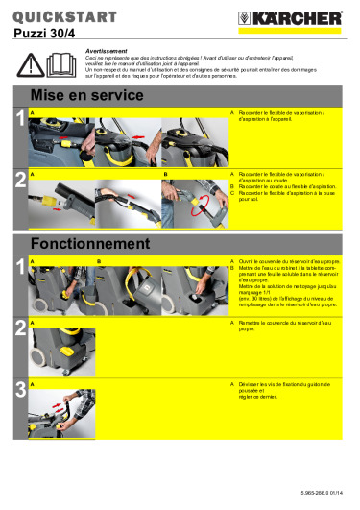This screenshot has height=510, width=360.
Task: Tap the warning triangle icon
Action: point(36,63)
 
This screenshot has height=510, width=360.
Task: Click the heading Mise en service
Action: point(80,96)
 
